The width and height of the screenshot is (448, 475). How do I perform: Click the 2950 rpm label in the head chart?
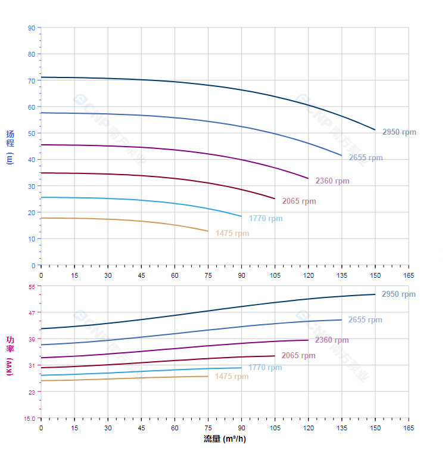coord(399,132)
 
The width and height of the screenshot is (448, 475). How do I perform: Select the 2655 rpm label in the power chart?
coord(365,320)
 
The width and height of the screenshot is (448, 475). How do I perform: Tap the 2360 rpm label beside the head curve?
coord(332,181)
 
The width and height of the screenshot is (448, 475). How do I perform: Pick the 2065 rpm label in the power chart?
coord(298,356)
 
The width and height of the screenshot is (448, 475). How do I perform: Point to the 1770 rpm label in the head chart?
coord(265,219)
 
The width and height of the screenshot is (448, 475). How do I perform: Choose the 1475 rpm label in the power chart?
coord(231,377)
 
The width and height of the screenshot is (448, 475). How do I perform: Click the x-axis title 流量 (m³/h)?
coord(225,439)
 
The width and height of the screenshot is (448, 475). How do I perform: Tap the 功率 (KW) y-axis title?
coord(10,355)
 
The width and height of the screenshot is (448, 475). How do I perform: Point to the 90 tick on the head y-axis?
coord(32,28)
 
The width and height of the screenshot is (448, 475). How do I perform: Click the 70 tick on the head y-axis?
coord(32,80)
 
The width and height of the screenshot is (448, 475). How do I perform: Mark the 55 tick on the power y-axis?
coord(32,287)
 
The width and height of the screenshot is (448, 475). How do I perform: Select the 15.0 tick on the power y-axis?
coord(29,418)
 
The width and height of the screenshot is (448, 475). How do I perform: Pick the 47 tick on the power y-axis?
coord(32,313)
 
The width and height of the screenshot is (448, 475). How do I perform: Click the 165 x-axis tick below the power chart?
coord(409,427)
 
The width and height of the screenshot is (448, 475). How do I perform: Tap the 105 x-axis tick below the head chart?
coord(275,275)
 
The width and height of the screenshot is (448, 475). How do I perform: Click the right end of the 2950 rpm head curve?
coord(375,129)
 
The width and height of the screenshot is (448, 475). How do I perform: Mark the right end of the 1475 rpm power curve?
coord(208,376)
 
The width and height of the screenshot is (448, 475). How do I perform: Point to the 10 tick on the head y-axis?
coord(32,239)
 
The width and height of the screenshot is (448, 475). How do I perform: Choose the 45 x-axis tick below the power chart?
coord(141,427)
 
